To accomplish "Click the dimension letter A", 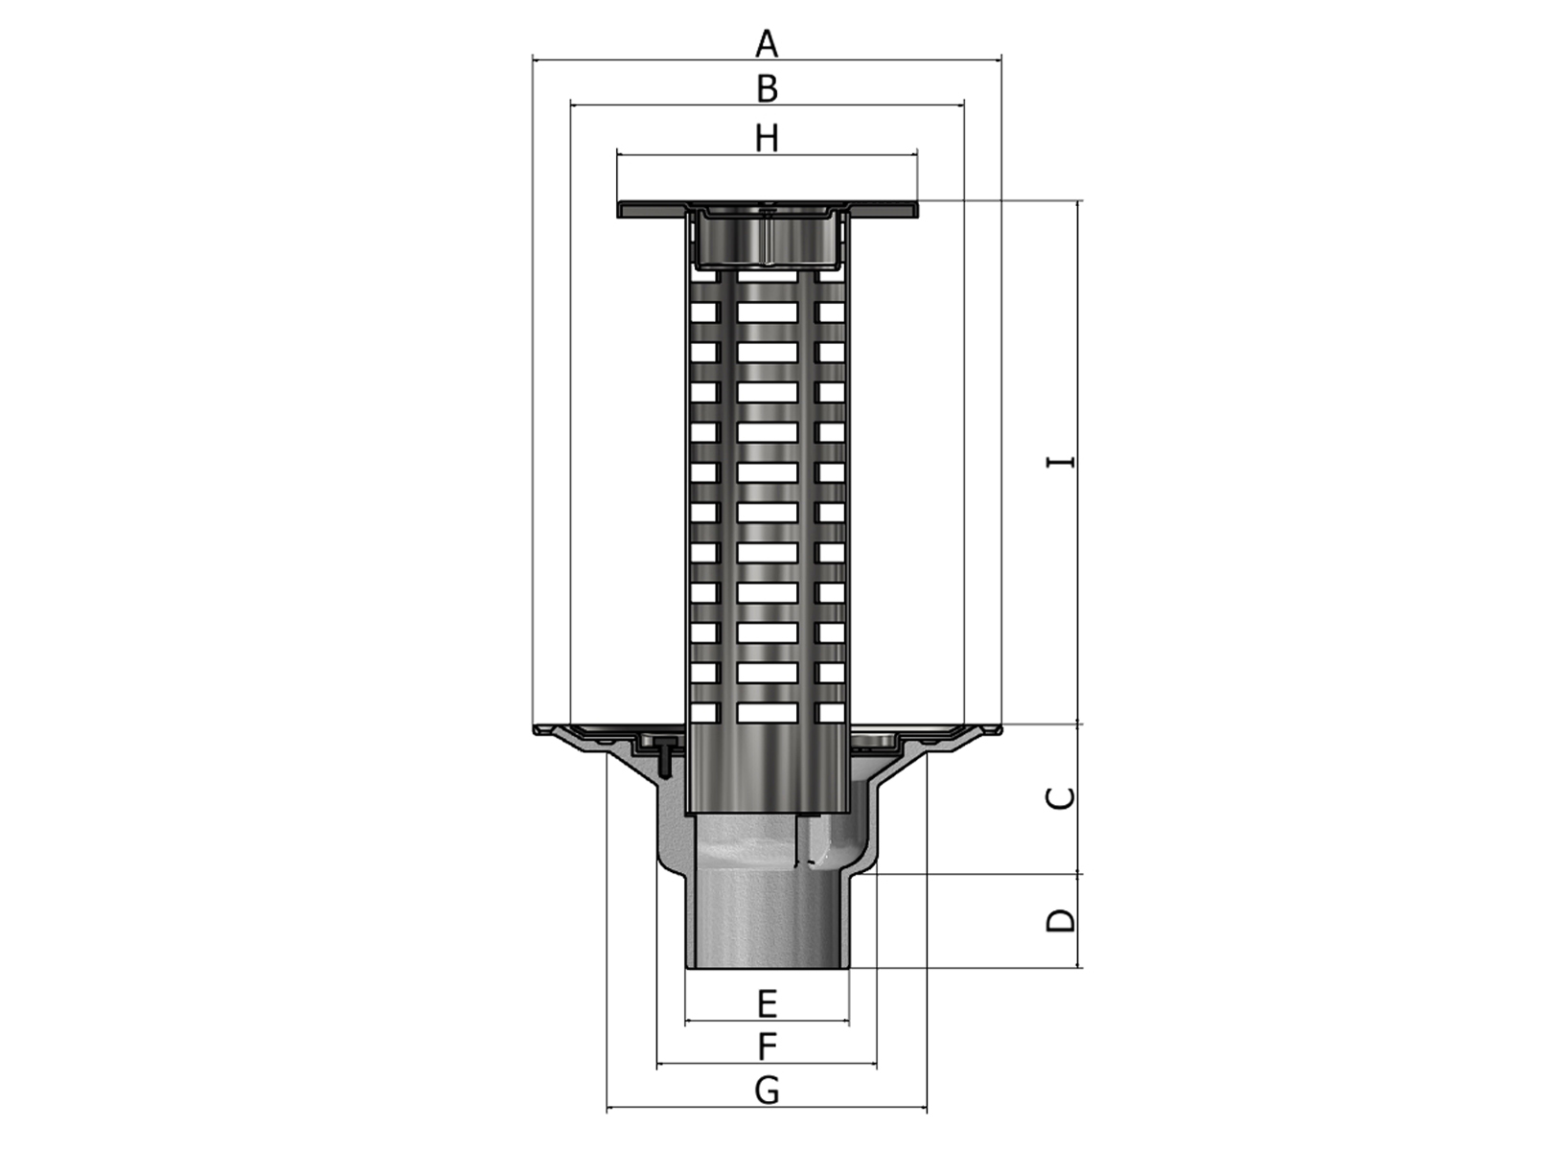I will pos(767,44).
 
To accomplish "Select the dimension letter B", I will pos(767,89).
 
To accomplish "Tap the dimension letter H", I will pos(767,139).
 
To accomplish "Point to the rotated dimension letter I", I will pos(1061,462).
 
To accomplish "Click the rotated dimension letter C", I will pos(1061,797).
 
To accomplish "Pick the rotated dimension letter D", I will pos(1061,921).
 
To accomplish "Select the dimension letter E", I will pos(767,1003).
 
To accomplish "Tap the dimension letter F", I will pos(767,1046).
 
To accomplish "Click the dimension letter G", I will pos(767,1090).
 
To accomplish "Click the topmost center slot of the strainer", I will pos(767,312).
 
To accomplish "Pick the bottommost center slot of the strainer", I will pos(767,712).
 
